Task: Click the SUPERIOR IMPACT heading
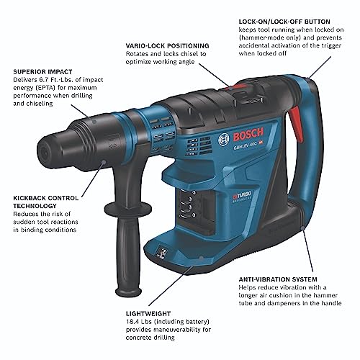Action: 42,72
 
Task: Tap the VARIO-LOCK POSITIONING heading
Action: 168,45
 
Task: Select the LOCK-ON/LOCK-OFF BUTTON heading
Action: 284,22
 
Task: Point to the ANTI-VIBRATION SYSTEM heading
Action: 278,279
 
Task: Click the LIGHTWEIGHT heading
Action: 148,314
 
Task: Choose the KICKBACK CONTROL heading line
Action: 46,198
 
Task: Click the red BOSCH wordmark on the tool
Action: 248,135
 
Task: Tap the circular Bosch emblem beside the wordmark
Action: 224,140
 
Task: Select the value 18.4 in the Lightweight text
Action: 132,322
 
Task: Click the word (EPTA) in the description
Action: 45,88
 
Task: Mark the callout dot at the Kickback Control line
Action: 104,162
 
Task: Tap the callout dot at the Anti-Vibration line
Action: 302,228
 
